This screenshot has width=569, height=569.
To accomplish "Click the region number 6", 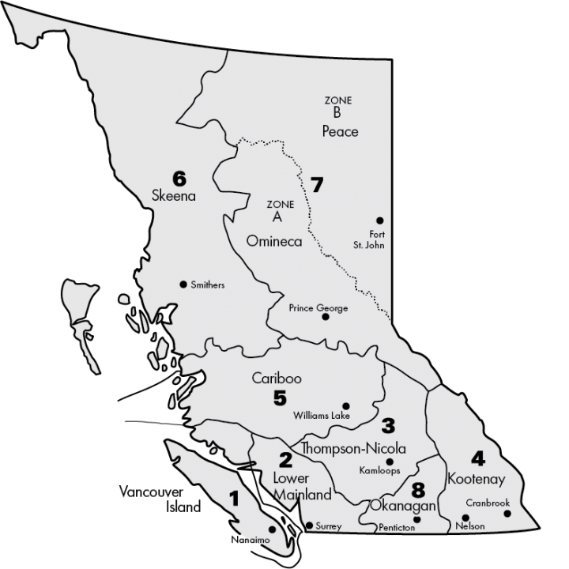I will [x=179, y=177].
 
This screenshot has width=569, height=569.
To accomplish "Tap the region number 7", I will [x=317, y=186].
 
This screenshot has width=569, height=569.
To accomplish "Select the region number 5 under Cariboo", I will [x=280, y=398].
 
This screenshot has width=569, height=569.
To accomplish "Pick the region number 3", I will [x=388, y=426].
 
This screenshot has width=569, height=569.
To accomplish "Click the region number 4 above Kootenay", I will [x=477, y=458].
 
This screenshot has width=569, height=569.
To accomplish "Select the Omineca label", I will [x=274, y=241].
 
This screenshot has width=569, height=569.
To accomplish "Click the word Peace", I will [x=340, y=131].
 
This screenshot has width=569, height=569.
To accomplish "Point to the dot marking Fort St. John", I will [x=380, y=220].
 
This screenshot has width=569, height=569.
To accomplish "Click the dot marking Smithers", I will [x=183, y=284].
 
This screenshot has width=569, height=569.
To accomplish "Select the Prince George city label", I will [x=318, y=307].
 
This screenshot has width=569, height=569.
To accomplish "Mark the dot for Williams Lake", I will [x=345, y=405].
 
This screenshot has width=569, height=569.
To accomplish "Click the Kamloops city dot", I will [x=390, y=462].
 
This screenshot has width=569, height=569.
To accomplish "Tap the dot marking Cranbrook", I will [x=507, y=514].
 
